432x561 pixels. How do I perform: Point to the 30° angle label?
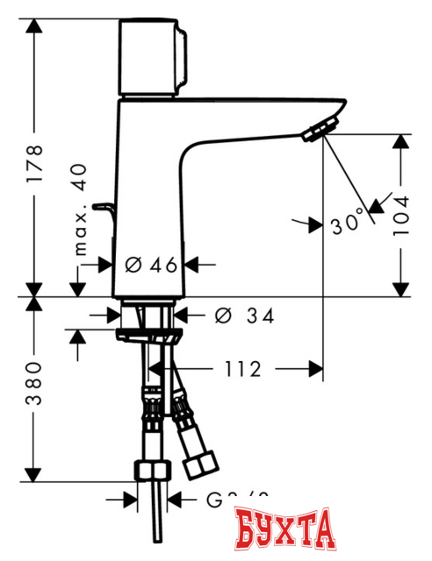click(348, 224)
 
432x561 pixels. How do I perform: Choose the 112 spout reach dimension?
click(242, 369)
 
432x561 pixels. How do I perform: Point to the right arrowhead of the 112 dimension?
click(317, 369)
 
